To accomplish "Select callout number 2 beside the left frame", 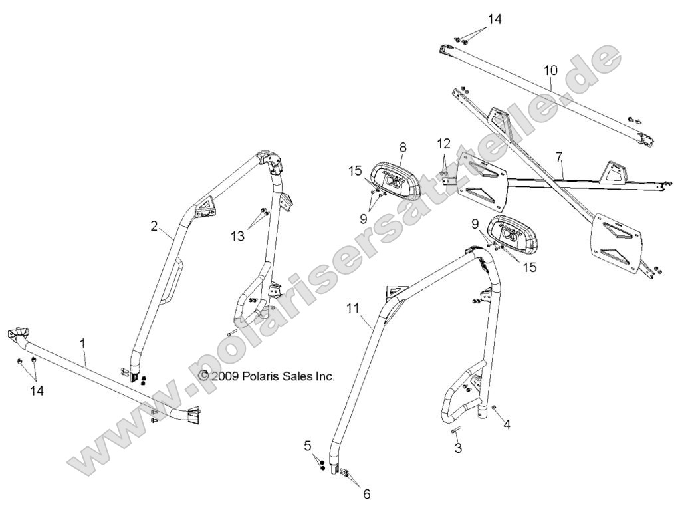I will [x=154, y=226].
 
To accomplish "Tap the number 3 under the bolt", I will [x=458, y=448].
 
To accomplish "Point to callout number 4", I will [x=507, y=423].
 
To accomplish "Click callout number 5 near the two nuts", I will [x=308, y=446].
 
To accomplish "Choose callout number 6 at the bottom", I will [x=366, y=494].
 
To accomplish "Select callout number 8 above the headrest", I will [x=403, y=147].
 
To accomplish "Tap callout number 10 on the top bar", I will [x=550, y=69].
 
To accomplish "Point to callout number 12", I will [x=443, y=144].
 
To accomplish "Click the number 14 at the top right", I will [x=494, y=19].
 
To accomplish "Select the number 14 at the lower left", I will [x=37, y=391].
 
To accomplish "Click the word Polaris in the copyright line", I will [x=262, y=376].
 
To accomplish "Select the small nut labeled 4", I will [x=495, y=408].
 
